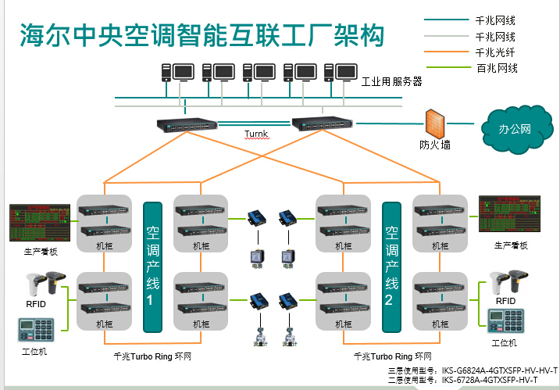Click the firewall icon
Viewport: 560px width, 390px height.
click(x=434, y=123)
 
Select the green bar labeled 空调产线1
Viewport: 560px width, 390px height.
click(x=153, y=266)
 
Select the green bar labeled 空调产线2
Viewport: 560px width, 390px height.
click(x=392, y=266)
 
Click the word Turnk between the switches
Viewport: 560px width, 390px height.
click(x=256, y=134)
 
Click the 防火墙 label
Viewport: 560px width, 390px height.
click(x=434, y=145)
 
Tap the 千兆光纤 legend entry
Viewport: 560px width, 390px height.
click(x=494, y=52)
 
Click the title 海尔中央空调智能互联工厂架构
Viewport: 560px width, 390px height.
click(x=202, y=35)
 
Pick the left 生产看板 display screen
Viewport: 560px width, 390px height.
click(x=39, y=223)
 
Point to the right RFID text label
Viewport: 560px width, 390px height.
click(x=505, y=301)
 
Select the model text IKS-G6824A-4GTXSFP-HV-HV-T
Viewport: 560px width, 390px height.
click(x=500, y=370)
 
